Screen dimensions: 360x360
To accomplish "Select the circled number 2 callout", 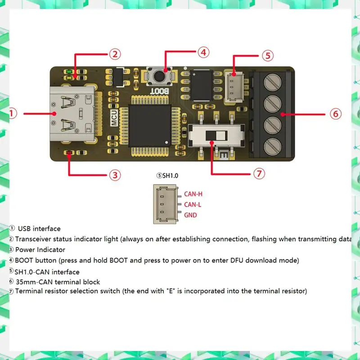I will (x=115, y=54).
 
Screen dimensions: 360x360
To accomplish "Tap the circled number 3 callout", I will (x=116, y=175).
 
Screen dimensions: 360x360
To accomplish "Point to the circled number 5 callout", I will (x=268, y=56).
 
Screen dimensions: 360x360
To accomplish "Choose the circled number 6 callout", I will (x=335, y=113).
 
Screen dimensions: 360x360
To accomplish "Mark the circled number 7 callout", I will (x=259, y=173).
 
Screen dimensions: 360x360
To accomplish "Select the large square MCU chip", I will (x=149, y=125).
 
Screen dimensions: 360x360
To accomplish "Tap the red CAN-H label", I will (x=193, y=194).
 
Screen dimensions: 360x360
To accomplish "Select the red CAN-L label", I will (x=193, y=205).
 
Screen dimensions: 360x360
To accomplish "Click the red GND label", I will (x=190, y=215).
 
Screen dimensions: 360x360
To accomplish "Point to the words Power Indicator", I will (x=40, y=249).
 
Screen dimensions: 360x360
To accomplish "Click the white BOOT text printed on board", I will (x=160, y=90).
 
